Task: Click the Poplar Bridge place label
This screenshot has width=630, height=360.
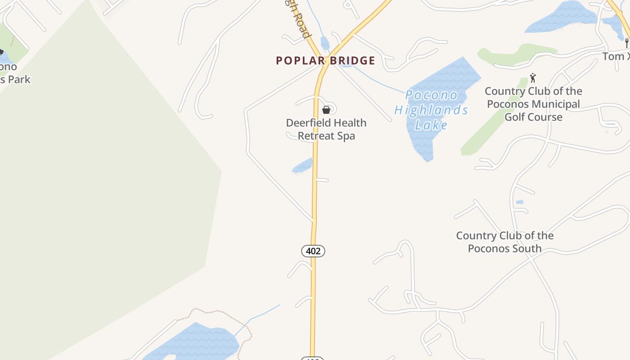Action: click(x=325, y=61)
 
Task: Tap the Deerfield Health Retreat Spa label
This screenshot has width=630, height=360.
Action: click(x=326, y=129)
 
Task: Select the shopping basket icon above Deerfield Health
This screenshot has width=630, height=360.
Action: click(x=326, y=110)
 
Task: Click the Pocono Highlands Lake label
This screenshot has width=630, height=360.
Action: click(x=431, y=110)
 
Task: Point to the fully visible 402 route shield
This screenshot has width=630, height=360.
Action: click(x=313, y=251)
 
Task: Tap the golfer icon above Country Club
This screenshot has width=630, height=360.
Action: click(x=533, y=78)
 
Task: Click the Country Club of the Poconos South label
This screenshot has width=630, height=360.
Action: click(x=504, y=242)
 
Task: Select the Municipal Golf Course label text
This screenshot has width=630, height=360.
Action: click(x=533, y=111)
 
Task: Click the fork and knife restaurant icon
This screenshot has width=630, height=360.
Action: click(x=626, y=43)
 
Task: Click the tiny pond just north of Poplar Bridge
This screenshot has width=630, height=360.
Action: click(x=325, y=44)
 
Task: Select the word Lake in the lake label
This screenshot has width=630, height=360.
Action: click(x=431, y=125)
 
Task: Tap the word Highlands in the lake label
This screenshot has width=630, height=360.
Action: click(x=431, y=110)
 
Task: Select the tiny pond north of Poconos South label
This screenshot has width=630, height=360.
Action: click(x=520, y=202)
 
